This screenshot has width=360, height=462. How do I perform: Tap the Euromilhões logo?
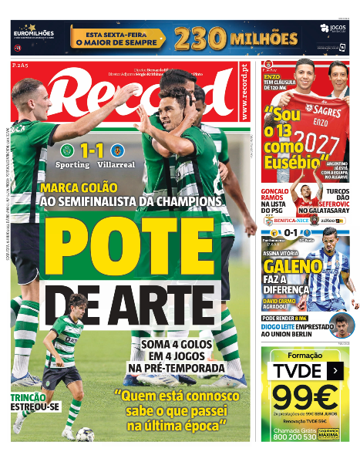coord(33,35)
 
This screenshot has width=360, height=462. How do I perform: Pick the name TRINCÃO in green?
coord(29,398)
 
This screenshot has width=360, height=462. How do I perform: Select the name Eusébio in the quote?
coord(294,163)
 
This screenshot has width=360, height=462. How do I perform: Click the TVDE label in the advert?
coord(296,370)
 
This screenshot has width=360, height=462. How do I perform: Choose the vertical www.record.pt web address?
coord(245,93)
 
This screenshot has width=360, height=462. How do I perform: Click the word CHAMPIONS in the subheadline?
coord(193,201)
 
